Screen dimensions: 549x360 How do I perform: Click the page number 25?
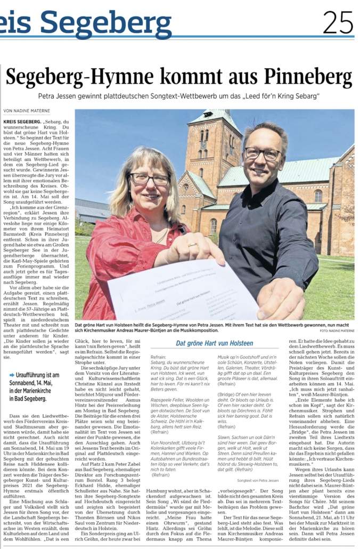tap(338, 22)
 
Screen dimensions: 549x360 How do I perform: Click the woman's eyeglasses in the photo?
tap(149, 179)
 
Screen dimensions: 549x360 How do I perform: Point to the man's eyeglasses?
tap(263, 154)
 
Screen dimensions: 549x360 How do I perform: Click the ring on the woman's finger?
tap(190, 246)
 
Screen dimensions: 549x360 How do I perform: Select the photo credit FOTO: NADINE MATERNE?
tap(337, 330)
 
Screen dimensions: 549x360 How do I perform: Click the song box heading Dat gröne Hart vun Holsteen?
tap(215, 343)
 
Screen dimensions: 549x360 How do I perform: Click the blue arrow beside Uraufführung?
tap(11, 375)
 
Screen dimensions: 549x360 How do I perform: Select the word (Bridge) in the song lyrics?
tap(226, 394)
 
